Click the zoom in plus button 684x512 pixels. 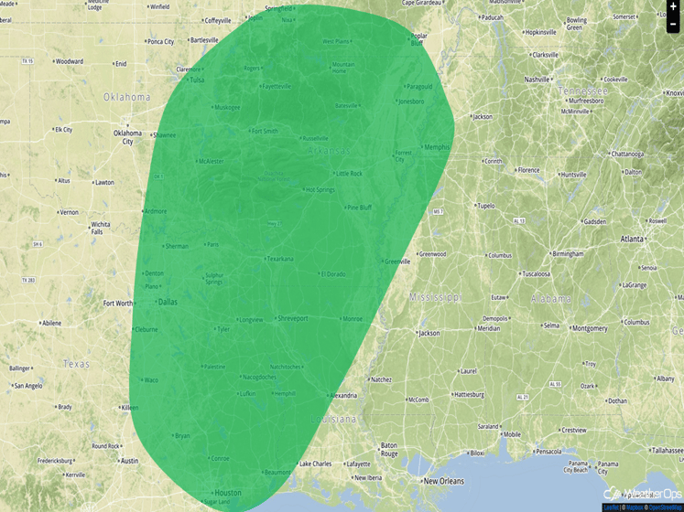(674, 6)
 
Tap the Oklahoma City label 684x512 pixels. (127, 137)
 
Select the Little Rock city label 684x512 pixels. (349, 173)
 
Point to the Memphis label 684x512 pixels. (437, 146)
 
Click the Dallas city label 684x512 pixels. (168, 301)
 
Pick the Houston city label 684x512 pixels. (227, 493)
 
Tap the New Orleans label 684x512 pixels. (443, 481)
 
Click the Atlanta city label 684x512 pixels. (631, 239)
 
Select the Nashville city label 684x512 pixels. (537, 80)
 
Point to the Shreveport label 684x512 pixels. (292, 318)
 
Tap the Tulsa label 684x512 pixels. (196, 80)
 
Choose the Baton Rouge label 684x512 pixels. (389, 449)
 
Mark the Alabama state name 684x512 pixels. (550, 298)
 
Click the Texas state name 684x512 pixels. (76, 364)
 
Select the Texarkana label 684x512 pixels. (279, 259)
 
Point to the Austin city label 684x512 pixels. (129, 461)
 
